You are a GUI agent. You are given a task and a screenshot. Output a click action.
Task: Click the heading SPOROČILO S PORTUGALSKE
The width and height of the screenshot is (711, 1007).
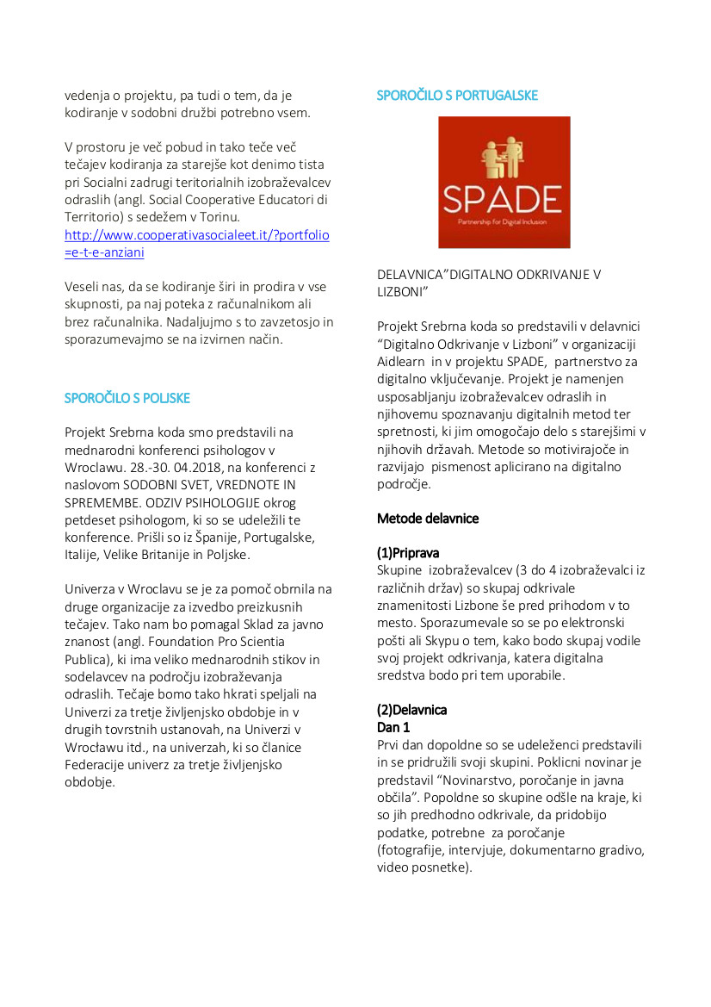(x=457, y=96)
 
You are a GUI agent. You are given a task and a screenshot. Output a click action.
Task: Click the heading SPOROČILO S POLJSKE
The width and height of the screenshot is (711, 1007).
(x=127, y=398)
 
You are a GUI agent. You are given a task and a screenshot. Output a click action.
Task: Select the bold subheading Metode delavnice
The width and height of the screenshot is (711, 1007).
(x=428, y=519)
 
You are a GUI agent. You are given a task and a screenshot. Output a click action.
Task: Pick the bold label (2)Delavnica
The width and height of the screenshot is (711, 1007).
(x=411, y=710)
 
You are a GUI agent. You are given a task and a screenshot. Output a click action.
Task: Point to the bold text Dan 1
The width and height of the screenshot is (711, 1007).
(x=393, y=727)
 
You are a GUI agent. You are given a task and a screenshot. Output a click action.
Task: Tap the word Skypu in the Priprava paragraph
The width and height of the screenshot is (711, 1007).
(x=460, y=640)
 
